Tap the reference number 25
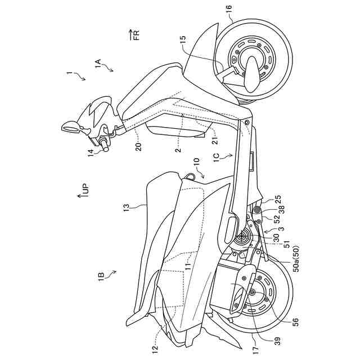tap(277, 199)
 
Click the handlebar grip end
tap(105, 148)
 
